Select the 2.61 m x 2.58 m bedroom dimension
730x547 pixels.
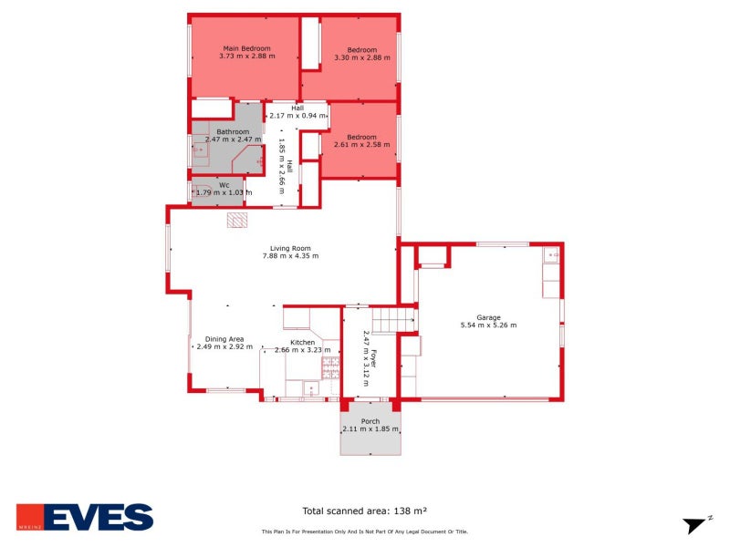click(360, 145)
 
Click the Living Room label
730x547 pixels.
click(290, 248)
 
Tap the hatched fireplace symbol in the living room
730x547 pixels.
click(237, 220)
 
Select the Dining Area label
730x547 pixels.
click(224, 338)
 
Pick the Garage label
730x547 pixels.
click(487, 317)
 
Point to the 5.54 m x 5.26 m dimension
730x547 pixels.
click(487, 325)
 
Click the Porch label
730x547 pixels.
click(370, 421)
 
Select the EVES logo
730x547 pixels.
click(84, 517)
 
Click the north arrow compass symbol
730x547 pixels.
click(697, 524)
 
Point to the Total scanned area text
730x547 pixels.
click(365, 511)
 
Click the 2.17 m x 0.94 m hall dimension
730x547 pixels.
click(297, 116)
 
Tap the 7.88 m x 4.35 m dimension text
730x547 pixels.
click(290, 256)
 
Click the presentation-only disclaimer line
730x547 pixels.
click(365, 532)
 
